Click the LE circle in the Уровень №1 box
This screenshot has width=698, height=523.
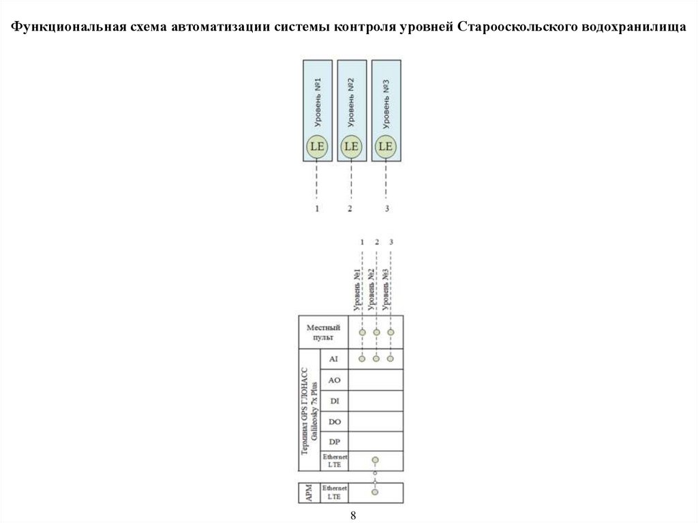(x=318, y=146)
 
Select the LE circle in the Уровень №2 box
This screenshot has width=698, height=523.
(x=351, y=146)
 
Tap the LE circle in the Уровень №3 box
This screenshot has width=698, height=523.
(x=386, y=146)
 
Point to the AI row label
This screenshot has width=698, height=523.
(x=334, y=359)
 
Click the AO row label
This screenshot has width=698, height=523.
(x=334, y=380)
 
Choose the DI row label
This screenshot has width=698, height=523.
(x=334, y=400)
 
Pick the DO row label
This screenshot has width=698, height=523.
(x=334, y=421)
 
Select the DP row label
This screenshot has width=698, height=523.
(x=334, y=442)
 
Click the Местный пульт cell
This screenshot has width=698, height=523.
(x=324, y=333)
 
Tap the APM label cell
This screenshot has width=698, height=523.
(x=309, y=493)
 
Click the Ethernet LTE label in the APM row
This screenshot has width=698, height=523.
(x=334, y=493)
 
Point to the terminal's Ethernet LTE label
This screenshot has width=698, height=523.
(x=334, y=461)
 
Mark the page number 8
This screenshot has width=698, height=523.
(x=353, y=515)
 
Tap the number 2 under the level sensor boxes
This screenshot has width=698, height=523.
(x=350, y=209)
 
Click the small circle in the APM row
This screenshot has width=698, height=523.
(x=374, y=491)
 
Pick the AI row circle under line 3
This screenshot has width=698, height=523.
(x=391, y=358)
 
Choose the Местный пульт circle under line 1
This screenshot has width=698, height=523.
(x=362, y=332)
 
